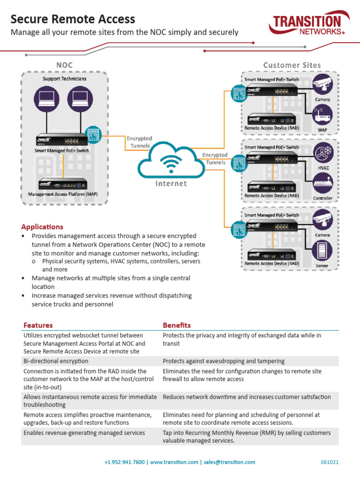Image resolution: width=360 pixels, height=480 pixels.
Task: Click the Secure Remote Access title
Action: click(x=73, y=19)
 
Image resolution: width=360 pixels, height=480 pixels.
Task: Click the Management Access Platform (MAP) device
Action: click(x=63, y=184)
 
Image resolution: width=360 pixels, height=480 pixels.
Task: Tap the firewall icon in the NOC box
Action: click(x=93, y=134)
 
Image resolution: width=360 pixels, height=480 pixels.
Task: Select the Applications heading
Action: click(x=42, y=226)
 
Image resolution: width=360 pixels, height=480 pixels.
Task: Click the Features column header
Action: click(x=38, y=325)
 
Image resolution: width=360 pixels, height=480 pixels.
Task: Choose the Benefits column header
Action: click(x=177, y=325)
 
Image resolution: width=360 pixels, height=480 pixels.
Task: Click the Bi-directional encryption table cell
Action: click(x=56, y=361)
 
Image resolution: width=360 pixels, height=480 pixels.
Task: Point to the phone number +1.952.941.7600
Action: click(x=125, y=462)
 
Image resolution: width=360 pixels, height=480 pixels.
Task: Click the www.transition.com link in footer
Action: click(x=174, y=462)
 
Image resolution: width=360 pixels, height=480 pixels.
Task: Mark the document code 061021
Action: click(x=330, y=462)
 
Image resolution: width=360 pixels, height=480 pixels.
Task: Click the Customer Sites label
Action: click(x=292, y=65)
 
